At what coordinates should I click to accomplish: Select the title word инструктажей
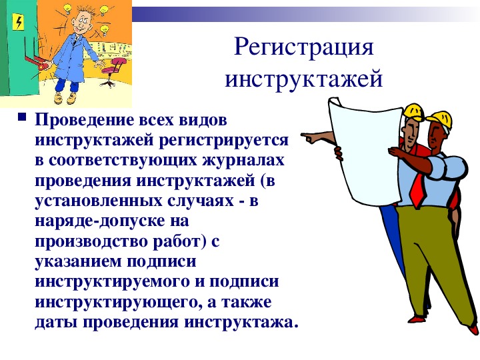pos(304,79)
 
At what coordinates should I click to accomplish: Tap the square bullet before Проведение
pos(22,117)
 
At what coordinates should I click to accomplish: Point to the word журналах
pos(243,161)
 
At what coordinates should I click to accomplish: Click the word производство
pos(92,242)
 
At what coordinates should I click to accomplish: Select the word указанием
pos(79,262)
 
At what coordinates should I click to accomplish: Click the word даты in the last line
pos(56,323)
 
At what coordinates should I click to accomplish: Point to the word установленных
pos(99,201)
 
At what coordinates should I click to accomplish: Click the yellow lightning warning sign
pos(19,23)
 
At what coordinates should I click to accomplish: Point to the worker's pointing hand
pos(311,138)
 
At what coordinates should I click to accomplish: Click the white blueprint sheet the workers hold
pos(366,149)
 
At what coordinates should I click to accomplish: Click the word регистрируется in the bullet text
pos(223,141)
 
